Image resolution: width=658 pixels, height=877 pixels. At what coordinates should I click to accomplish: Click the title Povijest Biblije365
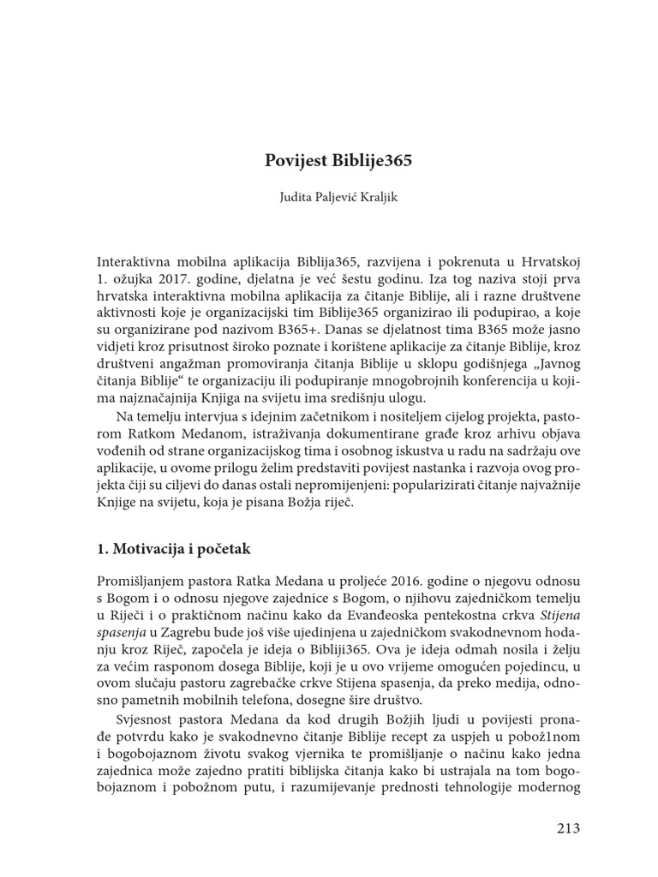328,161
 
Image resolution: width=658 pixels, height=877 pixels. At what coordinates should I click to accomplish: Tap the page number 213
567,827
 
